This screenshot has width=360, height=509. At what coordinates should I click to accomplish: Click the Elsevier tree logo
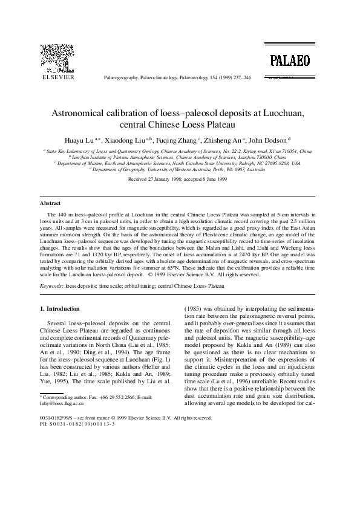(57, 59)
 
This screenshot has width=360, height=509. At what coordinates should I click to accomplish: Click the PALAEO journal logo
(290, 60)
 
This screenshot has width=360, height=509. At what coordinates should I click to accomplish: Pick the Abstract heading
(50, 204)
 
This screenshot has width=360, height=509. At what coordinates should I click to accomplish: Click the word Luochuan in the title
(279, 113)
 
